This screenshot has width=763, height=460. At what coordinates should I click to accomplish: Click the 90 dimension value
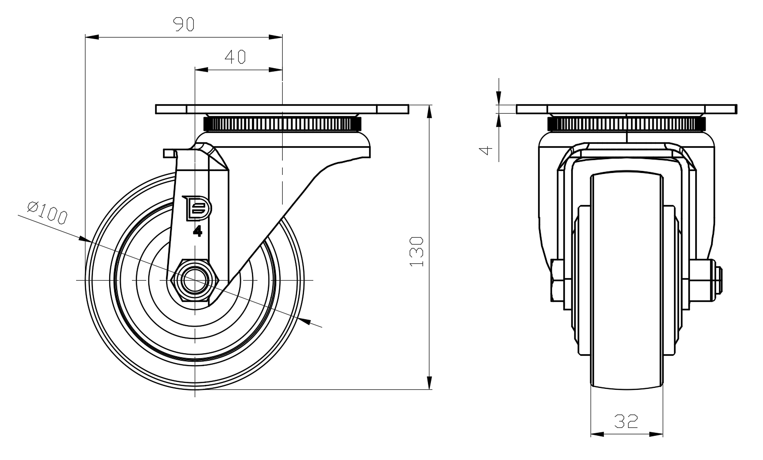(184, 24)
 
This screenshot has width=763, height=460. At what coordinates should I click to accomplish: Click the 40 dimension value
(235, 57)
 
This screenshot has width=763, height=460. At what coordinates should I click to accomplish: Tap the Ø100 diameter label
(47, 213)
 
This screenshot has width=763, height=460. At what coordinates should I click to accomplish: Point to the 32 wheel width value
(626, 421)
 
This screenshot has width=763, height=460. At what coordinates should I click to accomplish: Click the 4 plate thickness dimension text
(487, 150)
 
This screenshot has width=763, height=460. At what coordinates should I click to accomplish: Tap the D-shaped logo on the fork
(198, 208)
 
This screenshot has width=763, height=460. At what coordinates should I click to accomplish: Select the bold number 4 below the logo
(198, 231)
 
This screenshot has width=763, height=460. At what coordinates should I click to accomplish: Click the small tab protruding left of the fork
(170, 153)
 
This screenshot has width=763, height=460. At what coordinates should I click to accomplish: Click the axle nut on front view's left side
(555, 280)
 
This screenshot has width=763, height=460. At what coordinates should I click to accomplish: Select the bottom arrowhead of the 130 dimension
(429, 382)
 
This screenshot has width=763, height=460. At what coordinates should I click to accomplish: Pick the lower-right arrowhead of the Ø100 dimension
(305, 321)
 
